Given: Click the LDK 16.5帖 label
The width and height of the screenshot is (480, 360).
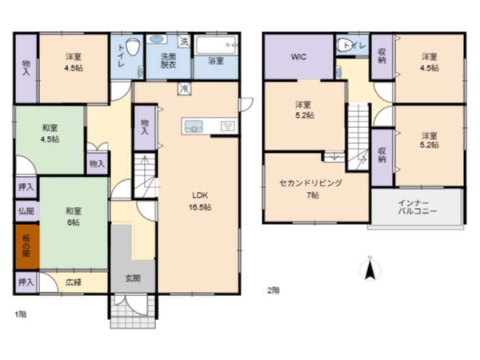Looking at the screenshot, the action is pos(200,201).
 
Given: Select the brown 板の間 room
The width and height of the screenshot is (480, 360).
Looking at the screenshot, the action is pos(27,247).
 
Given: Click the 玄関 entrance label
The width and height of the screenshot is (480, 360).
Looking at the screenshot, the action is pos(133,278).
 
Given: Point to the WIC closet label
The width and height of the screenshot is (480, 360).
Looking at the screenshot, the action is pos(299,57).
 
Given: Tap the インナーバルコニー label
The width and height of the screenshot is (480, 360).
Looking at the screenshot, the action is pos(417,207).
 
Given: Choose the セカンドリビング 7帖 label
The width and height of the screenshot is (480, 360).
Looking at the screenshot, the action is pos(311,189).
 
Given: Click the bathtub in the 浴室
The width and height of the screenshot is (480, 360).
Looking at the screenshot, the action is pos(216,45).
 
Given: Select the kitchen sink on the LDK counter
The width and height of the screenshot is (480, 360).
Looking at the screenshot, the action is pos(193,126).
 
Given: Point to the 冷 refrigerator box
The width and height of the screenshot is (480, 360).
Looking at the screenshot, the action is pos(184,88).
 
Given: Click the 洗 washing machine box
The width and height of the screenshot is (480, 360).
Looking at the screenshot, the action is pos(184,41).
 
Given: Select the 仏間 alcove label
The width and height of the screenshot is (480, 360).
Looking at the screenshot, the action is pos(26,211).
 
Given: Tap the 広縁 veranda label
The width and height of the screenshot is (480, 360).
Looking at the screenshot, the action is pos(73,282).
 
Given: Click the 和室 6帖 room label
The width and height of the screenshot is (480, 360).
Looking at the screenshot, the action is pos(73,216).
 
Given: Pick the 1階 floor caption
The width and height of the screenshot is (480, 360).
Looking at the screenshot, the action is pos(21,314).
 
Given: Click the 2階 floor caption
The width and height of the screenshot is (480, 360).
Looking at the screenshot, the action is pos(274,290).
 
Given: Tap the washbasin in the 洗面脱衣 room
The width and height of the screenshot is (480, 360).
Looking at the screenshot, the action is pos(156,39).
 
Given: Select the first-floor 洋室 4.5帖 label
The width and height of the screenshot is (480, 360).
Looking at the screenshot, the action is pos(73,62).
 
